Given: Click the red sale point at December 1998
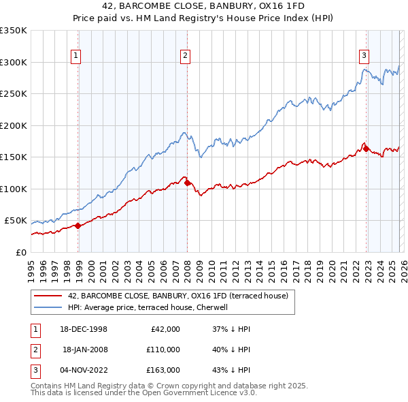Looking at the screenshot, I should point(78,226).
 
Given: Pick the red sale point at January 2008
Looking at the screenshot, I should point(188,183).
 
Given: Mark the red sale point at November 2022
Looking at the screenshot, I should point(366,149).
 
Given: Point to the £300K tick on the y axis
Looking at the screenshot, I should point(14,62).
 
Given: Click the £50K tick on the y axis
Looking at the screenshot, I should point(16,221).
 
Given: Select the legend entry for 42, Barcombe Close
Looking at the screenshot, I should point(178,296).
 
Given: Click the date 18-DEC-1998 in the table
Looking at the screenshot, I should point(85,329).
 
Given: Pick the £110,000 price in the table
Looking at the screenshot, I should point(163,350).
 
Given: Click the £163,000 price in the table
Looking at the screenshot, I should point(163,370).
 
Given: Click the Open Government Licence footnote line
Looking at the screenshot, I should point(144,392).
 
